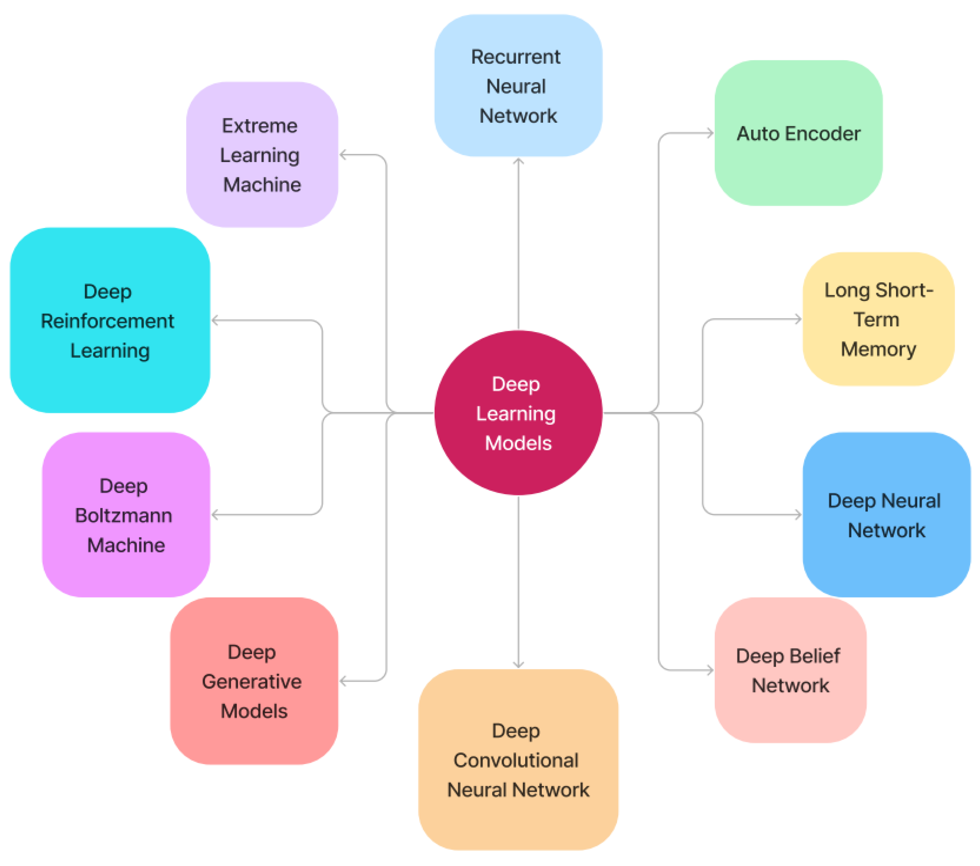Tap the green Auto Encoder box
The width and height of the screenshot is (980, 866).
pyautogui.click(x=798, y=133)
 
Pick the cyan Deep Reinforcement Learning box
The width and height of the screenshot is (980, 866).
pyautogui.click(x=109, y=320)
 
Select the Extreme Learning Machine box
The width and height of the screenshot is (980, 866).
pyautogui.click(x=262, y=154)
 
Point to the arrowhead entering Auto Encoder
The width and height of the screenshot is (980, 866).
pyautogui.click(x=711, y=133)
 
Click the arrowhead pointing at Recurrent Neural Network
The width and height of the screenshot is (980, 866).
pyautogui.click(x=518, y=161)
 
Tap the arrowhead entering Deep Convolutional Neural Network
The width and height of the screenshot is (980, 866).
pyautogui.click(x=518, y=665)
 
